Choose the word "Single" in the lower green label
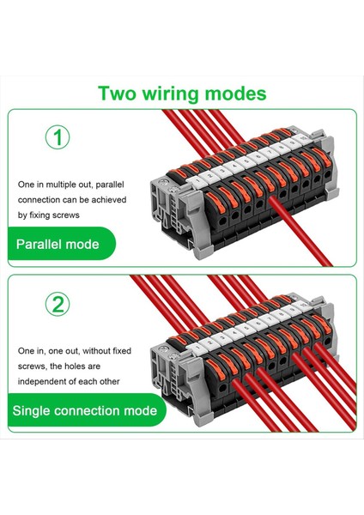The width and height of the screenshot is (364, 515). point(33,410)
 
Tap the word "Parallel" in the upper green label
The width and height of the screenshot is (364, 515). point(43,245)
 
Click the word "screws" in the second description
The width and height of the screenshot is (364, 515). point(33,366)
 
